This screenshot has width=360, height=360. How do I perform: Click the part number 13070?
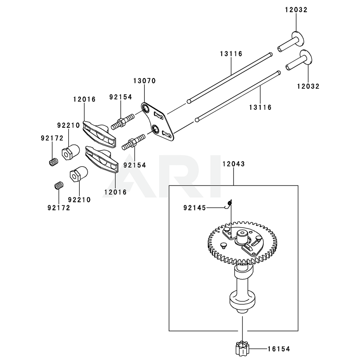tap(144, 81)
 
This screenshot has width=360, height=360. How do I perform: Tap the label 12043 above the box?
tap(233, 164)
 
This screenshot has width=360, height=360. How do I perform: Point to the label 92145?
tap(194, 208)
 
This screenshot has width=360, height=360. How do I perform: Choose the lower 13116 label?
tap(260, 107)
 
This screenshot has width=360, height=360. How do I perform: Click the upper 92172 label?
tap(52, 138)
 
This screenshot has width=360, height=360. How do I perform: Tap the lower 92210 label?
tap(79, 199)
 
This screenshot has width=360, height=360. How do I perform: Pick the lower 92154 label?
tap(135, 165)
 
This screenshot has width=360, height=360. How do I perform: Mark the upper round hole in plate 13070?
tap(146, 108)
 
